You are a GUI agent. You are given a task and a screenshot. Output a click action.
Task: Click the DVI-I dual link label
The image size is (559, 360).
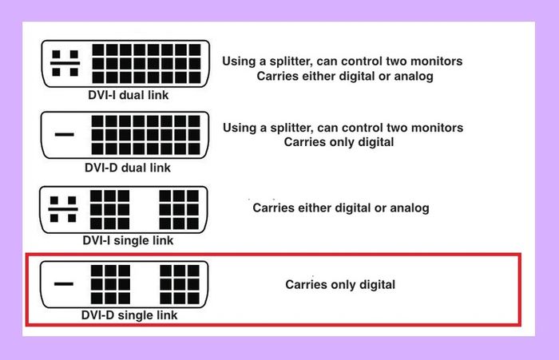click(129, 95)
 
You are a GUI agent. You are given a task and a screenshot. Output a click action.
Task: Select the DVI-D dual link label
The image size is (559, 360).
click(128, 168)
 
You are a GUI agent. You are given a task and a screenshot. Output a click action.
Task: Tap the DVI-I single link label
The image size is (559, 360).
click(128, 240)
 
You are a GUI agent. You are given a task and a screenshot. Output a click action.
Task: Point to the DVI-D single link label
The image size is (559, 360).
click(129, 315)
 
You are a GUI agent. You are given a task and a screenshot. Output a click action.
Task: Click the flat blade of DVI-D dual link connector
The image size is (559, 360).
click(65, 135)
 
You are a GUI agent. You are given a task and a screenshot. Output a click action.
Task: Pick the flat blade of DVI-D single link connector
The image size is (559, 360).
click(64, 284)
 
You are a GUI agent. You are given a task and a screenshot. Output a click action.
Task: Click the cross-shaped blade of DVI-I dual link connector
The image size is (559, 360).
click(65, 63)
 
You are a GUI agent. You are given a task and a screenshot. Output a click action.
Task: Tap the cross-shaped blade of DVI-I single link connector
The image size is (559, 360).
click(63, 209)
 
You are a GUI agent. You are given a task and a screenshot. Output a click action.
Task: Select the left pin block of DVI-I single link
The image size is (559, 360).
click(110, 210)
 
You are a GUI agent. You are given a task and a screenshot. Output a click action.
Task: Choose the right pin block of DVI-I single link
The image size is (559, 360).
click(179, 210)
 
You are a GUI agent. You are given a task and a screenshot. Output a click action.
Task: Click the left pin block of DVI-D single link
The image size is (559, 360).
click(110, 284)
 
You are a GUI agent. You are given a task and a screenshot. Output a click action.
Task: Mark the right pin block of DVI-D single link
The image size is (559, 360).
click(180, 284)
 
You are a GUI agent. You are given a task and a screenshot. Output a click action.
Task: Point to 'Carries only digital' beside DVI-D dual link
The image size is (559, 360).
click(339, 142)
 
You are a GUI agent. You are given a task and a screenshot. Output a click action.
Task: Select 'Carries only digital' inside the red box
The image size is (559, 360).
click(340, 284)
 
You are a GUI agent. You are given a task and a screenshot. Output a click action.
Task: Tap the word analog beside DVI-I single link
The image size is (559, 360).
click(410, 208)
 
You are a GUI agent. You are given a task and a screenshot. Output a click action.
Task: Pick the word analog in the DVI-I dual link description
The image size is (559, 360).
click(414, 76)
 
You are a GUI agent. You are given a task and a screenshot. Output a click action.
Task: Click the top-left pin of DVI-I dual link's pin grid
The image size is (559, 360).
click(98, 50)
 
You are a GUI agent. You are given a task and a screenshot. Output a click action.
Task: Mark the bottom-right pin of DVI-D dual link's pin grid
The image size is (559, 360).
click(194, 148)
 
